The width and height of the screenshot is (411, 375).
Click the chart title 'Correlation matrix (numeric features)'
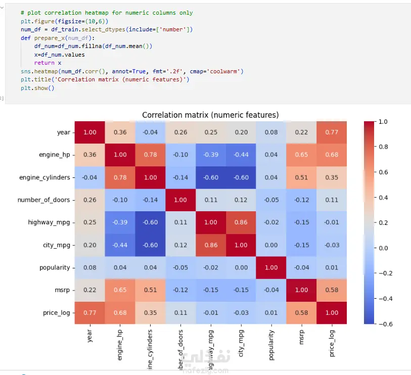210,115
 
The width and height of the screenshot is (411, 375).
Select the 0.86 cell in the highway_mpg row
241,222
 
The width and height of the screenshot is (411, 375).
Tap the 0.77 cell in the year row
331,132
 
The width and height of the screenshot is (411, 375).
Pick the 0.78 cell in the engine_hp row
150,155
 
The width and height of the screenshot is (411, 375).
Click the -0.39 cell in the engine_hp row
210,155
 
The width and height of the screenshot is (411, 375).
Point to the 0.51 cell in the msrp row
150,290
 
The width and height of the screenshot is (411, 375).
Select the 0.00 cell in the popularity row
241,267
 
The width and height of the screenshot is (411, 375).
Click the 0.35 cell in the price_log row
150,312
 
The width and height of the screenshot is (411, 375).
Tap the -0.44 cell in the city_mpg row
120,245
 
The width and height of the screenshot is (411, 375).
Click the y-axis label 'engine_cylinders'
45,177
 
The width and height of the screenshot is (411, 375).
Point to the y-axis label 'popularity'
55,267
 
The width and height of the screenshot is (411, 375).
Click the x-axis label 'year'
90,336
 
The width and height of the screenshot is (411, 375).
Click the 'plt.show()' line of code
37,88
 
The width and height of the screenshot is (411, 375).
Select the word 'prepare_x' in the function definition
47,38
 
